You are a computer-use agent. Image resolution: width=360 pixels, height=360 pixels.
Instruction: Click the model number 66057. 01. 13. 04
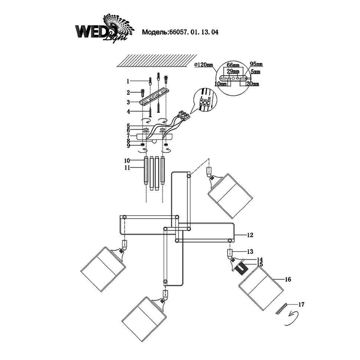(x=180, y=32)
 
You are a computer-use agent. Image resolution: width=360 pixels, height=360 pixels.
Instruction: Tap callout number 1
(x=127, y=81)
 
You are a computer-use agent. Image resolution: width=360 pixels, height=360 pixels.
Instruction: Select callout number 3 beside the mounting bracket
(x=127, y=102)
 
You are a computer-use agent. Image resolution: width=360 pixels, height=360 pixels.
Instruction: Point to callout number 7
(x=127, y=136)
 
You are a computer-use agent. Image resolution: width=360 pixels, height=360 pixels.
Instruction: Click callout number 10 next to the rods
(x=127, y=161)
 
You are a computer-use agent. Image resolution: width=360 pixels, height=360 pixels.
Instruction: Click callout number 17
(x=301, y=305)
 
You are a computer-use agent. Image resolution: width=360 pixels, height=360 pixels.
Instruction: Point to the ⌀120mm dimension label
(x=204, y=65)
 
